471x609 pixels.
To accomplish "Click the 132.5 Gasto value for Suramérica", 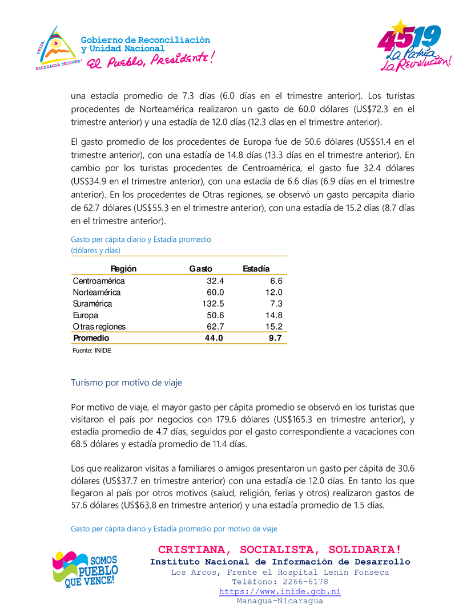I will (213, 304).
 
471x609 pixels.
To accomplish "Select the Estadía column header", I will (256, 269).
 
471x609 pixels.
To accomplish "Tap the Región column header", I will (123, 269).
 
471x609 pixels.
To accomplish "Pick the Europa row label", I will (86, 315).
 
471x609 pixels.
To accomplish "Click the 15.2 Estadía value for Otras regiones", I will (274, 327).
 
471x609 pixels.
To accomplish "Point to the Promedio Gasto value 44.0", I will (214, 338).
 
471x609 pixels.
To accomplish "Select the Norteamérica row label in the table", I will (96, 293).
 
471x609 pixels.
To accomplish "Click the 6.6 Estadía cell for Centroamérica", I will (276, 281).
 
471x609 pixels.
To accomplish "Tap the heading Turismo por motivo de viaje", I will (126, 383).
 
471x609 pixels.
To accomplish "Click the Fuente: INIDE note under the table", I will (91, 351).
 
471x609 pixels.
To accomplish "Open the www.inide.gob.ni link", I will (280, 591).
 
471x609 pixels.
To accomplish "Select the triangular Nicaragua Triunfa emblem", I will (56, 48).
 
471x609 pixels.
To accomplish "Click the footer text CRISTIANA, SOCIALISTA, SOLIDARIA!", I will (279, 550).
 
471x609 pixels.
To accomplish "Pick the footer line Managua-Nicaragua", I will (280, 601).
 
